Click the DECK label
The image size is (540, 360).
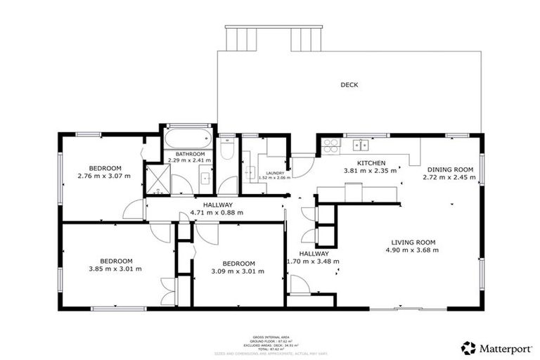click(349, 85)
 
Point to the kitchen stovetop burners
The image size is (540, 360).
click(330, 146)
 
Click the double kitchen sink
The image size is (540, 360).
click(361, 146)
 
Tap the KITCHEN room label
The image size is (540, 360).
click(370, 162)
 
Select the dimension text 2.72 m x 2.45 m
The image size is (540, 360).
click(449, 177)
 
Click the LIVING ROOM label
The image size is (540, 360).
click(415, 242)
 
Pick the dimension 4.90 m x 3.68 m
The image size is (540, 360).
click(415, 250)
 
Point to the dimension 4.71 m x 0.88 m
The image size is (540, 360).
click(217, 212)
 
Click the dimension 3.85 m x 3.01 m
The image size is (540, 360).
click(115, 269)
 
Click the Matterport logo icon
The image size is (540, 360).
click(468, 347)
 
